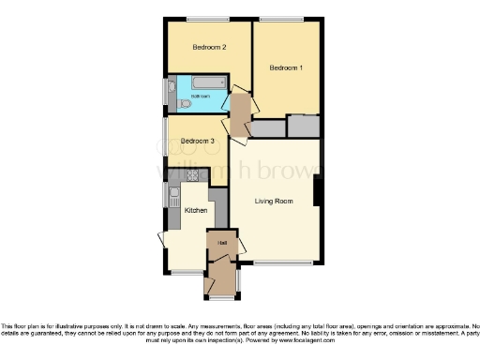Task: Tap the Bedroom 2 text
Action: (209, 47)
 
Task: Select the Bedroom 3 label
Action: (198, 141)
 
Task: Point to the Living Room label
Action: (274, 201)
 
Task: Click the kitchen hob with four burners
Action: (194, 174)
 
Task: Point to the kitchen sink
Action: (174, 195)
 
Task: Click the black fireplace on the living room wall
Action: (320, 191)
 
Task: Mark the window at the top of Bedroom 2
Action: (206, 19)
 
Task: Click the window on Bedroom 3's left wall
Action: (166, 137)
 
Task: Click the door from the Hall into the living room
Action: (240, 245)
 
